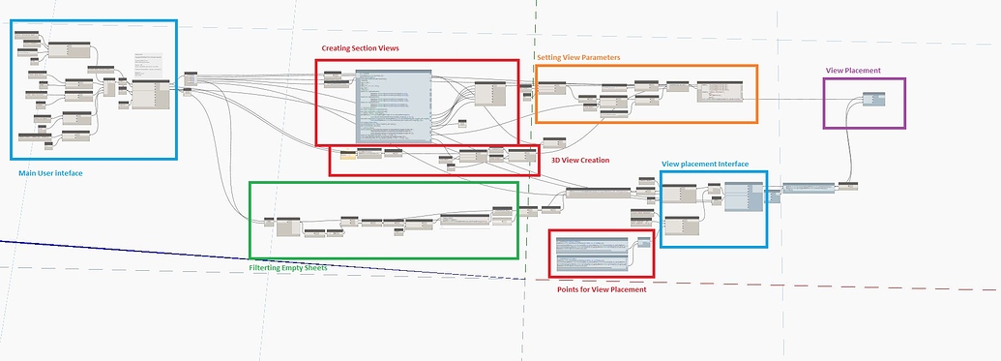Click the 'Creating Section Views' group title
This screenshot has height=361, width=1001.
coord(360,48)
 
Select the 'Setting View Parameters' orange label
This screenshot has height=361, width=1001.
coord(578,57)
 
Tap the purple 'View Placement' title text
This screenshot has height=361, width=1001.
coord(852,71)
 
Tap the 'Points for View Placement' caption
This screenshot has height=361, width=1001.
coord(601,289)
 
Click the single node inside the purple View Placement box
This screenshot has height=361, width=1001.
coord(873,99)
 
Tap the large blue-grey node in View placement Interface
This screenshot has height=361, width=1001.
coord(743,199)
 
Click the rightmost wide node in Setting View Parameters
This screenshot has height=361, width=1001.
coord(721,89)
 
